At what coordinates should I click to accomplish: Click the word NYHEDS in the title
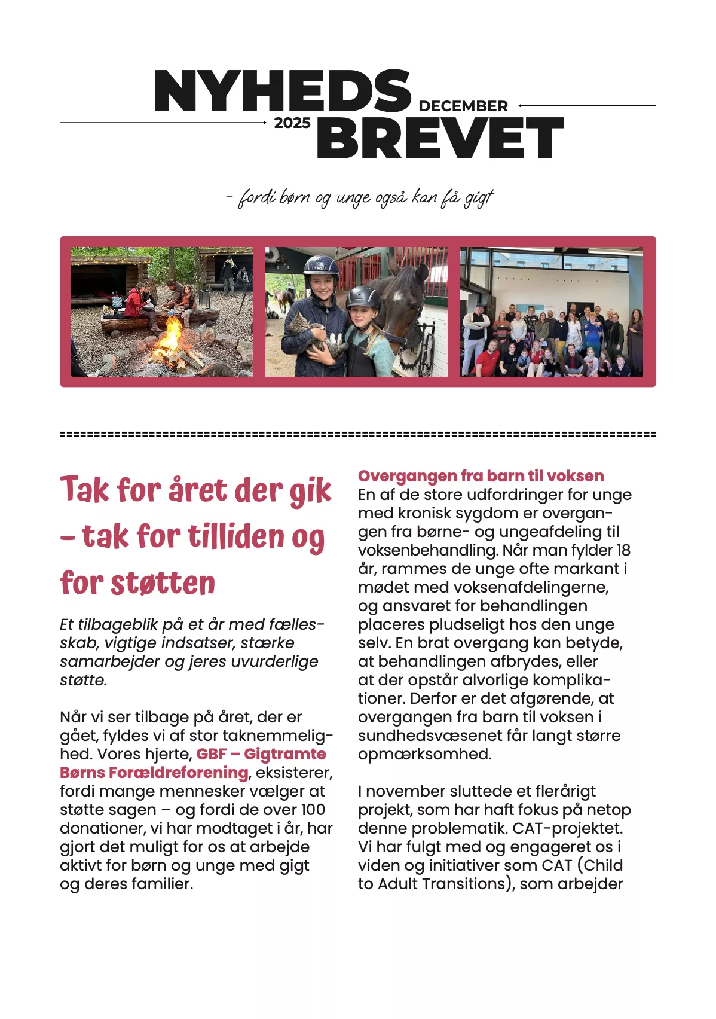(282, 91)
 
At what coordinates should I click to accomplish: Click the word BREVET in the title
(440, 139)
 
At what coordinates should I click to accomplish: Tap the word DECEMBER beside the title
(463, 106)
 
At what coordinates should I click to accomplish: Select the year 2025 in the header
(292, 123)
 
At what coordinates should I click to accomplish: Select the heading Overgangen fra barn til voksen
(481, 476)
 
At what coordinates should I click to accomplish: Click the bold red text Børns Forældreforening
(154, 773)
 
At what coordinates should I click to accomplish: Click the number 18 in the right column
(623, 550)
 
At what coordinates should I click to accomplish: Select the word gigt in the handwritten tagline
(479, 198)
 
